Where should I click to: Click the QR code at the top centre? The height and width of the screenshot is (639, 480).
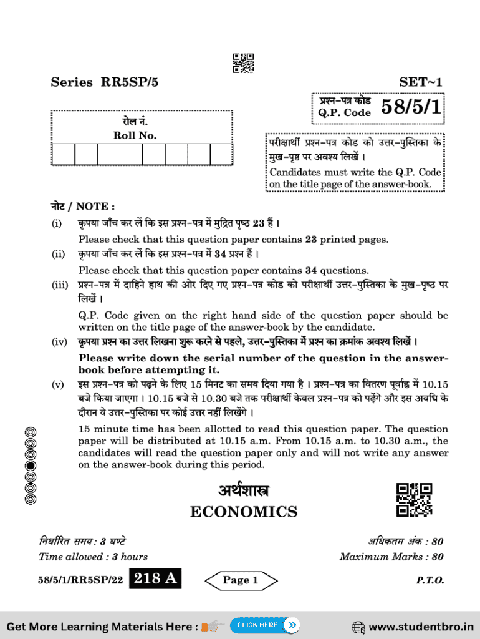pyautogui.click(x=243, y=64)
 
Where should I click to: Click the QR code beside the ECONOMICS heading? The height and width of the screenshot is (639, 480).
pyautogui.click(x=414, y=500)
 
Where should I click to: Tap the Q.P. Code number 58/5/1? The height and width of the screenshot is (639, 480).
pyautogui.click(x=411, y=107)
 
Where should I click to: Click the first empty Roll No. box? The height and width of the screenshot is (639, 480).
pyautogui.click(x=64, y=154)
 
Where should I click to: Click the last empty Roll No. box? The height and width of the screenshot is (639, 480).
pyautogui.click(x=221, y=154)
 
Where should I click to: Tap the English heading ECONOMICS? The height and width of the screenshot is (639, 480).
pyautogui.click(x=244, y=512)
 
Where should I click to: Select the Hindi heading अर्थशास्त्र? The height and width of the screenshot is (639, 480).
pyautogui.click(x=244, y=491)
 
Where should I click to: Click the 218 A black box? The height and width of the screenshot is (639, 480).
pyautogui.click(x=155, y=580)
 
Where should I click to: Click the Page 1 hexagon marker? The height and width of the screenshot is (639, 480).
pyautogui.click(x=241, y=580)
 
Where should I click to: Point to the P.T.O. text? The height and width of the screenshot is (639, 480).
pyautogui.click(x=430, y=580)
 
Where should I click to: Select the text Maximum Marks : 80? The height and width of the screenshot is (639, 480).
pyautogui.click(x=391, y=557)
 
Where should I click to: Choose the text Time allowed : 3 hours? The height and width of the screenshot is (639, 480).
pyautogui.click(x=93, y=557)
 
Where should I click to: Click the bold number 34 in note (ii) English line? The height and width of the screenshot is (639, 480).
pyautogui.click(x=312, y=271)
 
